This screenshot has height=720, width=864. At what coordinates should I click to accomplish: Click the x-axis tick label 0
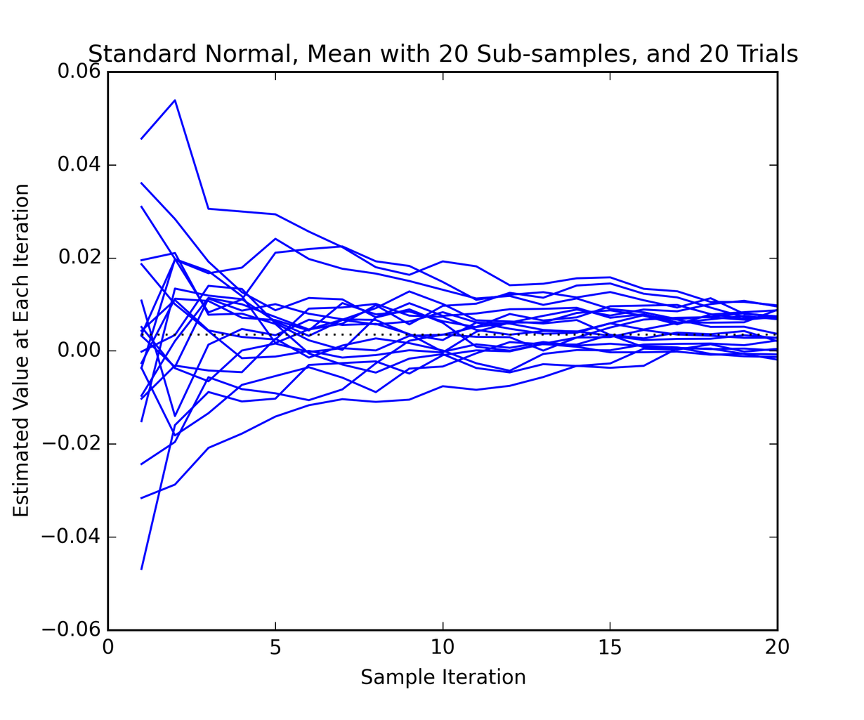pyautogui.click(x=108, y=648)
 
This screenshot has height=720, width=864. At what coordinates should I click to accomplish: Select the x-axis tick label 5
pyautogui.click(x=275, y=648)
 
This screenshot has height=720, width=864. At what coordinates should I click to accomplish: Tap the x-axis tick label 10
pyautogui.click(x=443, y=648)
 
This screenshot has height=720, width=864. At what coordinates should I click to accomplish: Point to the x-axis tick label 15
pyautogui.click(x=610, y=648)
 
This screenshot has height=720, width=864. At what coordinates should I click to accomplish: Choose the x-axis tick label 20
pyautogui.click(x=777, y=648)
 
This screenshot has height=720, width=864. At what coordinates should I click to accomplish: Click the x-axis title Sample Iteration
pyautogui.click(x=443, y=677)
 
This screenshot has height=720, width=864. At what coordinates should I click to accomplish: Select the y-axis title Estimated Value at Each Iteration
pyautogui.click(x=22, y=351)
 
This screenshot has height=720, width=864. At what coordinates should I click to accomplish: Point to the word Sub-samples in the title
pyautogui.click(x=553, y=54)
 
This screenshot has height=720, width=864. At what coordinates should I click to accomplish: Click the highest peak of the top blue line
pyautogui.click(x=175, y=100)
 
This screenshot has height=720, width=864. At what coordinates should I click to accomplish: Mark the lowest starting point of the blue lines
pyautogui.click(x=142, y=568)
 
